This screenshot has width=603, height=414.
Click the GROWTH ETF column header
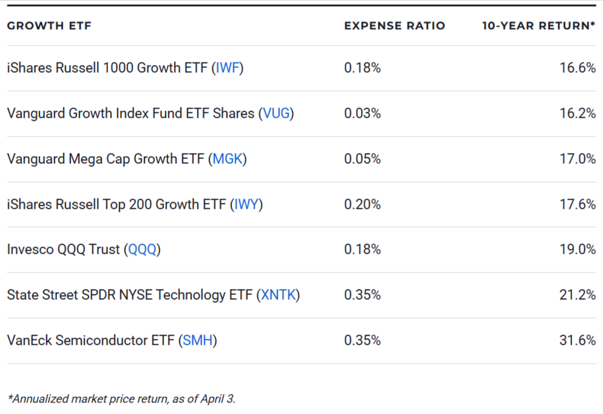pos(49,26)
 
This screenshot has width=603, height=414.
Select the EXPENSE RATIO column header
pos(394,26)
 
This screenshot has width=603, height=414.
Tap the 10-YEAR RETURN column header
pos(538,26)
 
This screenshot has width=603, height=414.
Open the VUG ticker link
pos(276,114)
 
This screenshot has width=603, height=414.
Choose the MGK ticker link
pos(228,159)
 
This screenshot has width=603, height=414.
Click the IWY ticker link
pos(247,205)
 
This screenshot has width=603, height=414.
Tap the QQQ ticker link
pos(142,249)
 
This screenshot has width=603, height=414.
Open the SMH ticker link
pos(198,341)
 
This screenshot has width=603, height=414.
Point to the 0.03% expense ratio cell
pos(362,114)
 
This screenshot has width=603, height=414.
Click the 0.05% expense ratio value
pos(362,159)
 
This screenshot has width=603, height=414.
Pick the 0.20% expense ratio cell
pos(362,205)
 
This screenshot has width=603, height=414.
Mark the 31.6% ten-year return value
pos(577,341)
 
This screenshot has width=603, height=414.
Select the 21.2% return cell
pos(577,295)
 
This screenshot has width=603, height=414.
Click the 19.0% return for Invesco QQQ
pos(577,249)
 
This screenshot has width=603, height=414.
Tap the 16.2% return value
pos(577,114)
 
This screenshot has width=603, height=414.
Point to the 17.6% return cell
pos(577,205)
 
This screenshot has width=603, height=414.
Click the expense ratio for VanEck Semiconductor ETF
pos(362,341)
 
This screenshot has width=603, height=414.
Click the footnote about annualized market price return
pos(121,399)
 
